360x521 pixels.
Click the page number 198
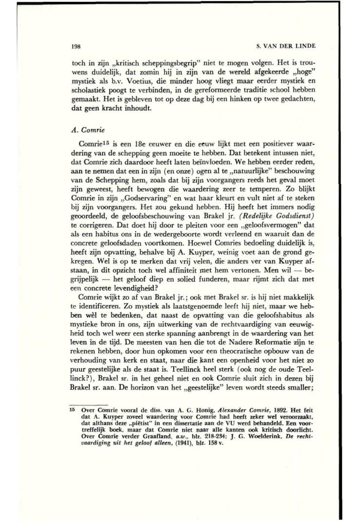point(72,46)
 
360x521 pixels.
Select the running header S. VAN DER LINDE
point(286,46)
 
